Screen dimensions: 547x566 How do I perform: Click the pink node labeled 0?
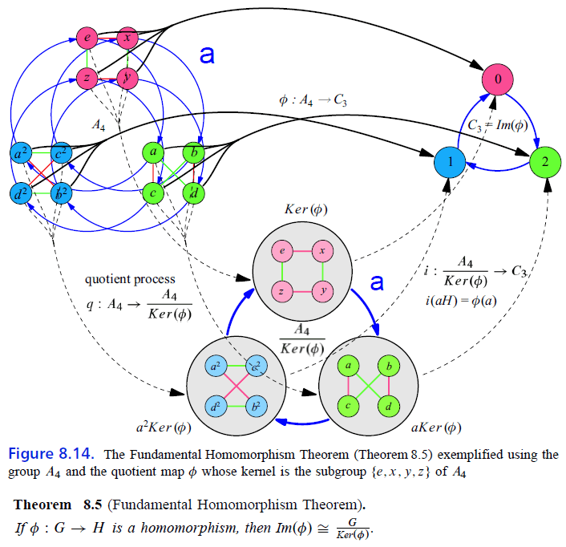click(496, 80)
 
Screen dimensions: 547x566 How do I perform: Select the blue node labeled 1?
click(451, 161)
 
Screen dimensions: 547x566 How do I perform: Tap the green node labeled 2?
click(545, 161)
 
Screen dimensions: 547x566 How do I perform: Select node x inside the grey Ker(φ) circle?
click(323, 249)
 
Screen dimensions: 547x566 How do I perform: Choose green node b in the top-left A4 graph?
click(192, 152)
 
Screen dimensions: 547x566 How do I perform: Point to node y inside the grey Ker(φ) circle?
click(323, 290)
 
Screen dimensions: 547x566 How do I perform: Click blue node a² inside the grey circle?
click(214, 367)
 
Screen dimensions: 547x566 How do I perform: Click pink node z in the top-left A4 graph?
click(87, 77)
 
